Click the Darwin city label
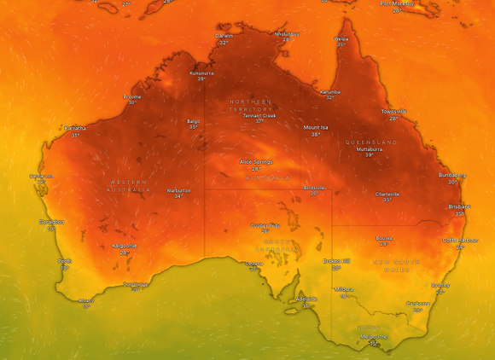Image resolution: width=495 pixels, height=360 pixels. [224, 36]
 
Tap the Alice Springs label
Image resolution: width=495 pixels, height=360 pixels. [256, 161]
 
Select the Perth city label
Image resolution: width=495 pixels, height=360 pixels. [65, 261]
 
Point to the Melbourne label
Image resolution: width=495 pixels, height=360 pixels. [374, 336]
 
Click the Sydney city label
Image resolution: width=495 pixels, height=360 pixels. [440, 286]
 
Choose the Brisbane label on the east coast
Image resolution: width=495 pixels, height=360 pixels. [459, 206]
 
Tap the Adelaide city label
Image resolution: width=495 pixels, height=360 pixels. [306, 299]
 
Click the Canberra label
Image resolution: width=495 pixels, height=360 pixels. [417, 303]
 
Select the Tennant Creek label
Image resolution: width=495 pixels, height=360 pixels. [259, 115]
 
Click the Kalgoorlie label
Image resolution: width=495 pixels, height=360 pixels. [125, 246]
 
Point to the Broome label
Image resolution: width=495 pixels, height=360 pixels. [132, 96]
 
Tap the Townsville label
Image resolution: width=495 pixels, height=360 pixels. [393, 111]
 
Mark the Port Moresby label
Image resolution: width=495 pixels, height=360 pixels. [398, 3]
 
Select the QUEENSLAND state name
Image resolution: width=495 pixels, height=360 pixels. [372, 142]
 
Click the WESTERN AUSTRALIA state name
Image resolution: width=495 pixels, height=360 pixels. [129, 186]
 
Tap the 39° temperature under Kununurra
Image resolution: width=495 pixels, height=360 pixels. [202, 79]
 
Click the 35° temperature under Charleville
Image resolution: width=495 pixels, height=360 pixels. [387, 200]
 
